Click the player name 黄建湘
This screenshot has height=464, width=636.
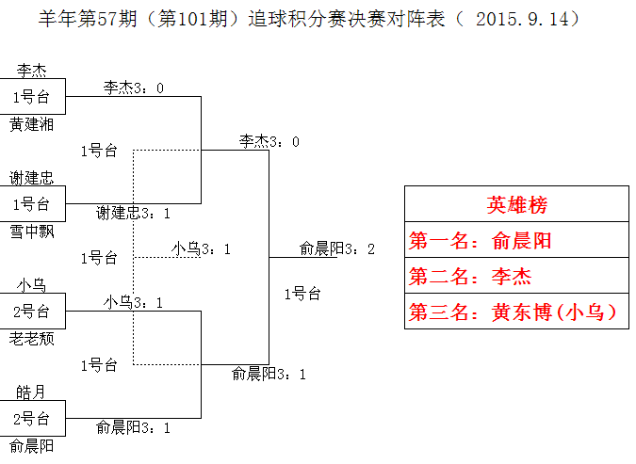click(x=32, y=124)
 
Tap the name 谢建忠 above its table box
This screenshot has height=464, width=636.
click(x=32, y=177)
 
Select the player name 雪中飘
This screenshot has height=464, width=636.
click(x=32, y=232)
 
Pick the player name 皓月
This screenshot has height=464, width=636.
click(x=32, y=391)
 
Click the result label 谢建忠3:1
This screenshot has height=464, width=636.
click(x=133, y=213)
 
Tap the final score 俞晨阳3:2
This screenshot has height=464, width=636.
click(x=337, y=248)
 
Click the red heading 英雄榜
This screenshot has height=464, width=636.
click(x=516, y=205)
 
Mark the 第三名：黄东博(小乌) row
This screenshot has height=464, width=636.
click(x=516, y=312)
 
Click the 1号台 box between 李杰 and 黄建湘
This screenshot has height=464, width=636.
click(x=32, y=97)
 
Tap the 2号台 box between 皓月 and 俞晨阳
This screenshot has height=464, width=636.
click(x=32, y=419)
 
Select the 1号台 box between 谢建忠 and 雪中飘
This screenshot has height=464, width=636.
click(x=32, y=204)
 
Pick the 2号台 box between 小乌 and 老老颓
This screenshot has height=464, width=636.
click(x=32, y=312)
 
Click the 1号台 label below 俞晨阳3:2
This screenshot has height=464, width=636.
click(x=302, y=294)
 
